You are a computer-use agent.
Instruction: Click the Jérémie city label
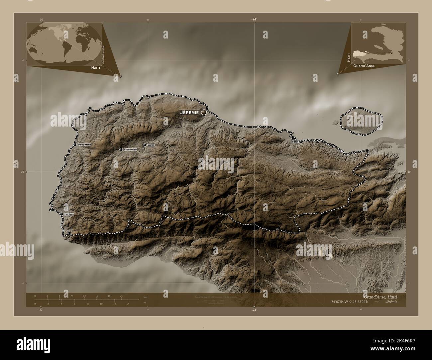(189, 112)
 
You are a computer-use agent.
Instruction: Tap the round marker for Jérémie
(203, 112)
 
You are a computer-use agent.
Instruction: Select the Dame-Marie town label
(84, 145)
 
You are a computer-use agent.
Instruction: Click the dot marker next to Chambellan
(121, 149)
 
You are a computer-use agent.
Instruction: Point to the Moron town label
(151, 145)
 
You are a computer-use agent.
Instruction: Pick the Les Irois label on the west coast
(69, 214)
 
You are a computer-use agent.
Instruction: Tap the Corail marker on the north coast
(301, 141)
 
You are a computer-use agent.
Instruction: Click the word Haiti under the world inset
(96, 67)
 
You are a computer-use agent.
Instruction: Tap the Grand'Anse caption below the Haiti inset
(364, 66)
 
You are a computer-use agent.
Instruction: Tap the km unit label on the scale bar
(145, 297)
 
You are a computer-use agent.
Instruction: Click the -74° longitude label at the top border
(254, 20)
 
